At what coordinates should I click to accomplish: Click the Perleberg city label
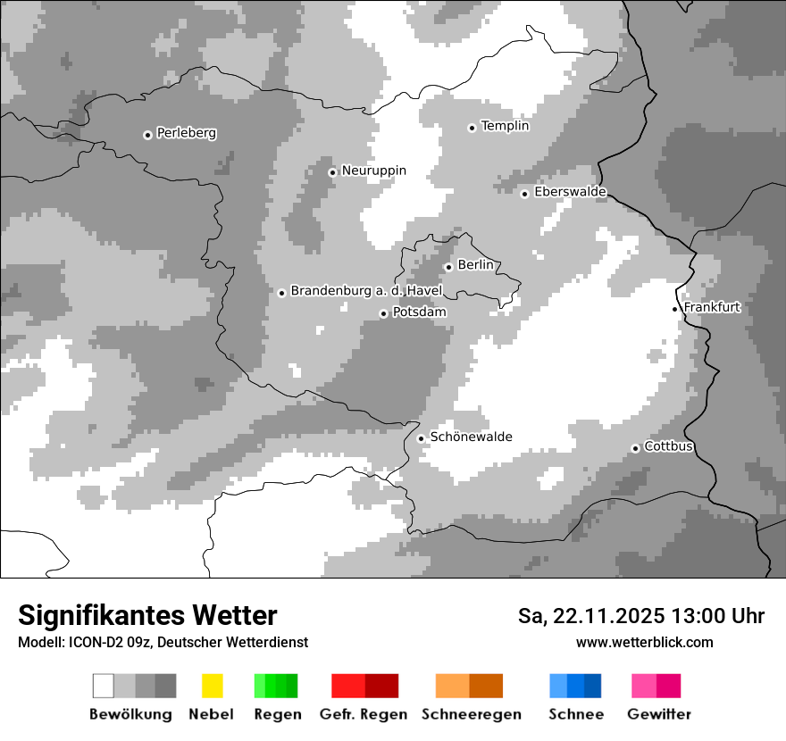[186, 133]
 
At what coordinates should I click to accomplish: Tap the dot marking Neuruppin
[332, 172]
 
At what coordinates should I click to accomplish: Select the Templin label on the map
[505, 126]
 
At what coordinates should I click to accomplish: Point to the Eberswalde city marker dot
[525, 194]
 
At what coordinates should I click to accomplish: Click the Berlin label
[475, 265]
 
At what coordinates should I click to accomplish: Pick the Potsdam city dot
[383, 313]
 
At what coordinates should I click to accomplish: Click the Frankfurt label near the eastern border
[712, 307]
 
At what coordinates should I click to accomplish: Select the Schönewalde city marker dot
[421, 438]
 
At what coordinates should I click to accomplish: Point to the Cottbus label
[669, 446]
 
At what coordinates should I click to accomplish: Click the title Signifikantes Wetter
[147, 615]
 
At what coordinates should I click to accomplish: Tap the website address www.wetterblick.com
[644, 642]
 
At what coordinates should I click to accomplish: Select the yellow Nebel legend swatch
[212, 686]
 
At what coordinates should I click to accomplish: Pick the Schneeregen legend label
[471, 714]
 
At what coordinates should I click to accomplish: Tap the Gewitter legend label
[659, 714]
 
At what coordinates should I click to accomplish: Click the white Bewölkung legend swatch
[103, 686]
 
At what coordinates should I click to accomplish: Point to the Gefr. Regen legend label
[363, 714]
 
